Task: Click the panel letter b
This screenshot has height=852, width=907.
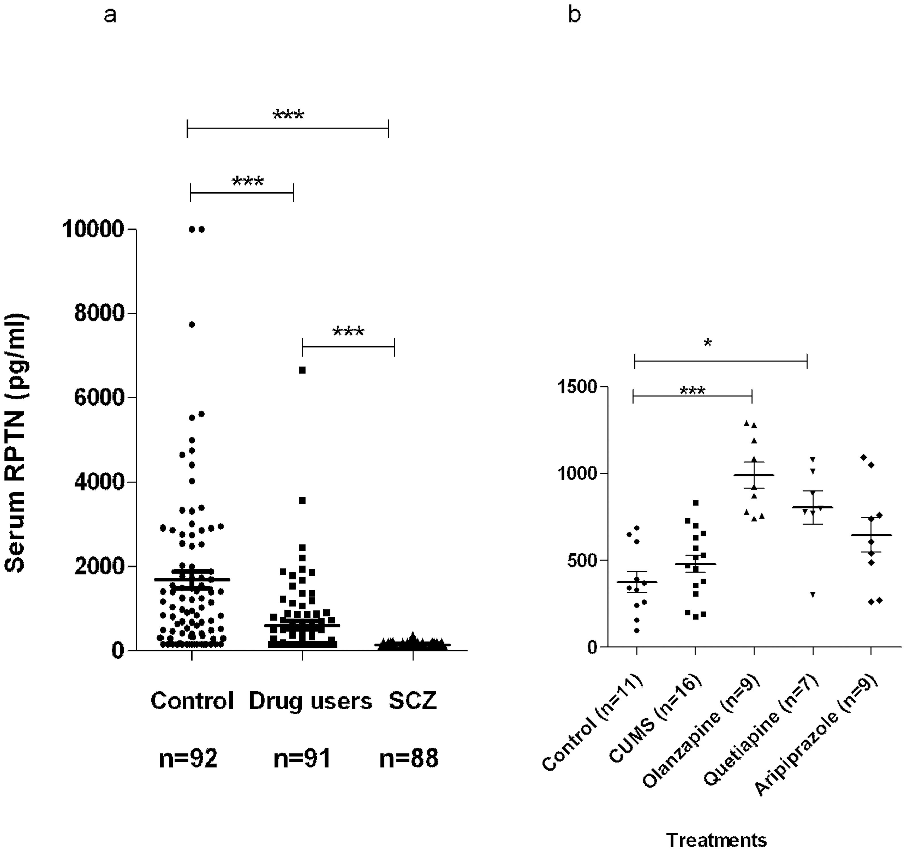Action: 574,16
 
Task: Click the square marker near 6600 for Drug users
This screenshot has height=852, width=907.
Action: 302,370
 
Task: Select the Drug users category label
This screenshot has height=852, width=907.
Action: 310,701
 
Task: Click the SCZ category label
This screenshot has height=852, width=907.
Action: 412,701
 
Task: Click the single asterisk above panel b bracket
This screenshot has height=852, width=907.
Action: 707,343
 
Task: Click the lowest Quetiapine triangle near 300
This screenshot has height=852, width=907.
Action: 813,594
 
